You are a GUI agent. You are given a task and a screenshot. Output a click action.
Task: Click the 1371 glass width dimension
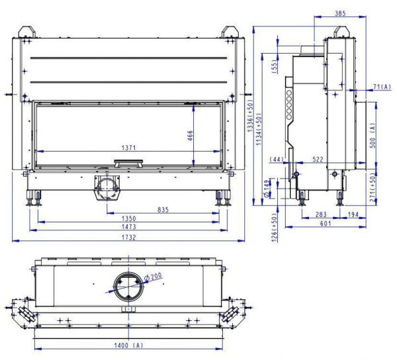point(128,148)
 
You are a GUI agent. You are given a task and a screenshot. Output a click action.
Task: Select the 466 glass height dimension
point(190,136)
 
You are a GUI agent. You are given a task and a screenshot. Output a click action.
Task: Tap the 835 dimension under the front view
point(163,210)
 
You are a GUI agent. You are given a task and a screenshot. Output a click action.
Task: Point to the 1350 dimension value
point(129,218)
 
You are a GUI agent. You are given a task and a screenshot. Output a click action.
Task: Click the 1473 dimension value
point(129,226)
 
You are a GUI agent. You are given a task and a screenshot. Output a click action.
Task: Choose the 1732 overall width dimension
point(129,238)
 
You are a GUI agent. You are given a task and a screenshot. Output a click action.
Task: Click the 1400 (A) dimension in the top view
point(128,345)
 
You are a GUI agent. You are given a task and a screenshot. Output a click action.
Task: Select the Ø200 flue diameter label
point(152,277)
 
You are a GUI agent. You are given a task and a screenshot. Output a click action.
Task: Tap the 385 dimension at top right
point(340,13)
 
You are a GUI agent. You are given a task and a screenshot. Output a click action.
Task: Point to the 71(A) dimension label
point(382,87)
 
